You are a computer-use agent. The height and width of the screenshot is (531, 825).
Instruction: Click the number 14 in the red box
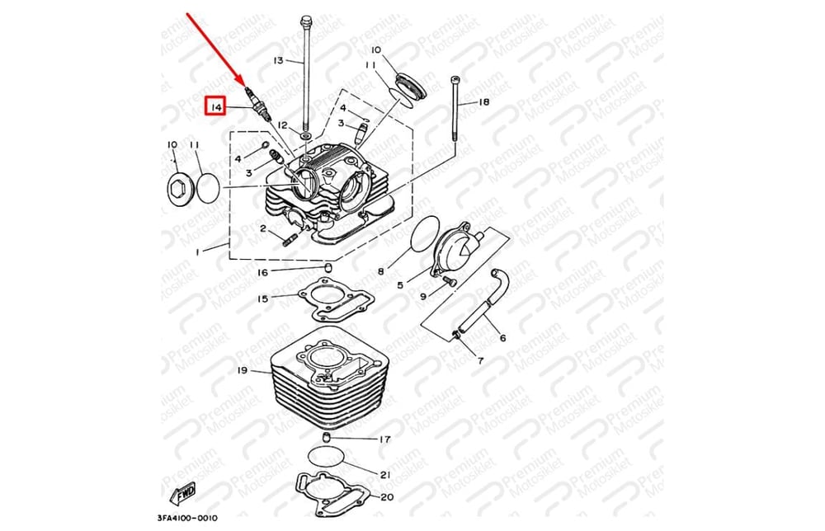[215, 107]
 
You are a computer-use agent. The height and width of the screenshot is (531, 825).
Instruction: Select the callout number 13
[277, 60]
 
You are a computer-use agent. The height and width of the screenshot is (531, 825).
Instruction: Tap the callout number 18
[483, 101]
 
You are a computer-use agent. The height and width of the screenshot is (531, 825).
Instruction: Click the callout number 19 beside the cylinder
[242, 370]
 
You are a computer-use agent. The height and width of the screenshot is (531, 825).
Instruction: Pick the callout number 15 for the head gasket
[262, 298]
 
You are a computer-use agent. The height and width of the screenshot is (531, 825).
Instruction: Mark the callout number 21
[384, 474]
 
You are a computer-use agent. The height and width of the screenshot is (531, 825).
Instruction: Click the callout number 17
[384, 439]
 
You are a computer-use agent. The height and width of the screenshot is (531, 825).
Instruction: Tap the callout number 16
[262, 272]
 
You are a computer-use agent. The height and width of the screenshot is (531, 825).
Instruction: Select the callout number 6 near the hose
[502, 337]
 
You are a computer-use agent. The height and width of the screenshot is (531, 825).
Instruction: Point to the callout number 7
[480, 361]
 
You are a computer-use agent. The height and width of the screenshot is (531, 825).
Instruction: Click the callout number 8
[381, 270]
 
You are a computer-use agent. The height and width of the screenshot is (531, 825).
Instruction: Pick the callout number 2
[263, 228]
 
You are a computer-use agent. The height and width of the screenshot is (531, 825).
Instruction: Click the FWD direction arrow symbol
[182, 492]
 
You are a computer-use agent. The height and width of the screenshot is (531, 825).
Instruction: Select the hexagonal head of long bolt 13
[307, 20]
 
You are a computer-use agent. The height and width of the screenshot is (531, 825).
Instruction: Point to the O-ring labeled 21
[328, 457]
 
